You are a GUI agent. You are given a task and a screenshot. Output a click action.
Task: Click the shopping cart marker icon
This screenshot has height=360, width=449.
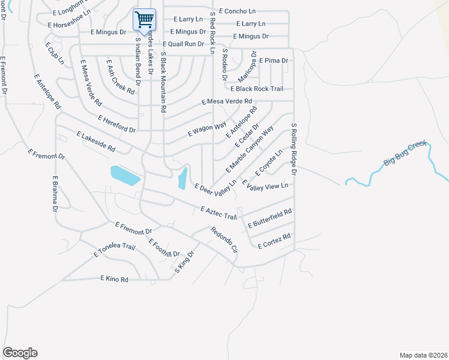click(144, 20)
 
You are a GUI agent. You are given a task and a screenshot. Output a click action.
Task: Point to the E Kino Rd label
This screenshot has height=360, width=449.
click(115, 279)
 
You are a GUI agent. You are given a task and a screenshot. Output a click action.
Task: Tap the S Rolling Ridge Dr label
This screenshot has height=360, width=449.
click(294, 149)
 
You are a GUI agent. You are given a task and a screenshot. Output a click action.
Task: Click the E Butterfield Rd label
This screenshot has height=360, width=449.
click(270, 218)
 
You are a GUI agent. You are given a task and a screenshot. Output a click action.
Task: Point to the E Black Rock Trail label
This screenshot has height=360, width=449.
click(261, 89)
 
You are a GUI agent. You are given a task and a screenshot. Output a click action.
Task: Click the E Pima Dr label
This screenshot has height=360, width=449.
click(274, 61)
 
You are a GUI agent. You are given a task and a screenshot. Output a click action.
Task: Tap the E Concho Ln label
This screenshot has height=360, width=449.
click(237, 11)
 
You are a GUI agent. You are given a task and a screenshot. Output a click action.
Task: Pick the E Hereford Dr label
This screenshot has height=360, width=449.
click(117, 124)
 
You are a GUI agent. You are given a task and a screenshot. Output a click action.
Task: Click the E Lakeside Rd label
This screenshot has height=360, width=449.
click(95, 142)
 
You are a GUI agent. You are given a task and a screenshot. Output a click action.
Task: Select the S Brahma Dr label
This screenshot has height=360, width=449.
click(54, 194)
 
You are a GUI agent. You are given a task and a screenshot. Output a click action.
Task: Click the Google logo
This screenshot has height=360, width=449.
click(20, 353)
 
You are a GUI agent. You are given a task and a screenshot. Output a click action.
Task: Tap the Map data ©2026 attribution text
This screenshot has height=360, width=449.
click(423, 355)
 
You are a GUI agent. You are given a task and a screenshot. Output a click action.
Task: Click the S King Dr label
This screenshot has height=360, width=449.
click(185, 262)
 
